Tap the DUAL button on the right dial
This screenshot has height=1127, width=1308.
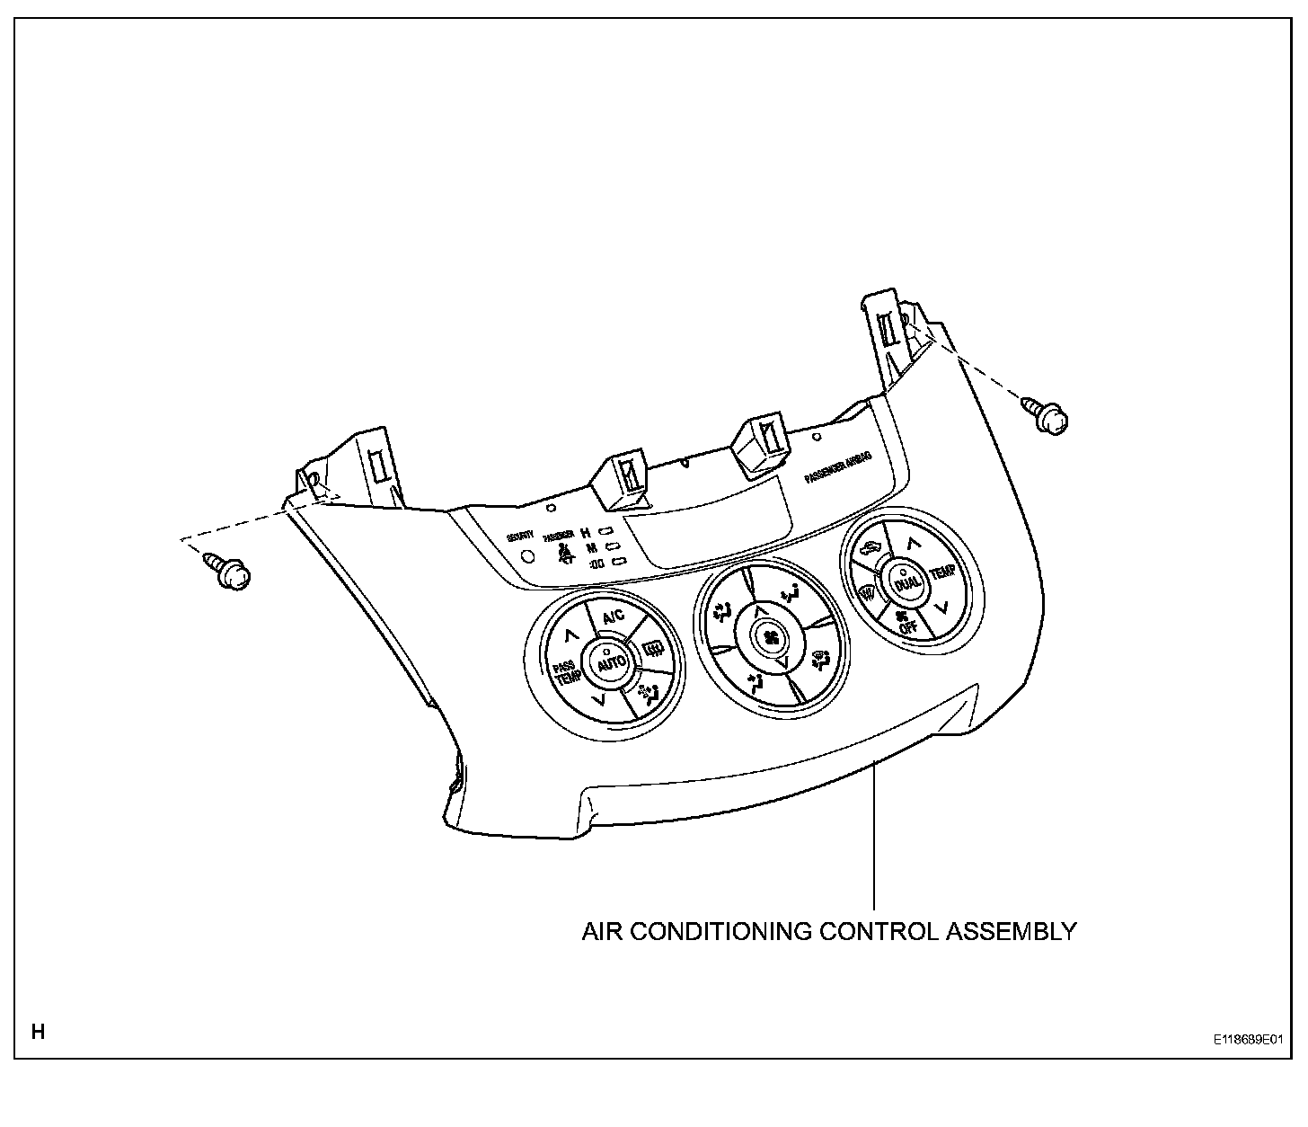pyautogui.click(x=906, y=584)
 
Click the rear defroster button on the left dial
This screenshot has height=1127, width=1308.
pyautogui.click(x=653, y=647)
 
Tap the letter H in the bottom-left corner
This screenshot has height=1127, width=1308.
pyautogui.click(x=38, y=1031)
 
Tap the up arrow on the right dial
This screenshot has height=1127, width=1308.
pyautogui.click(x=913, y=543)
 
